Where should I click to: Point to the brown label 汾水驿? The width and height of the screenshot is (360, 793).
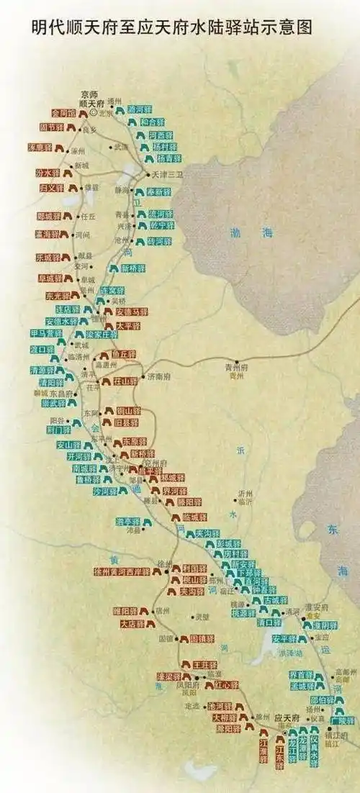click(x=48, y=173)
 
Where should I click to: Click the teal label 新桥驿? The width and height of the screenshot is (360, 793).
click(x=133, y=268)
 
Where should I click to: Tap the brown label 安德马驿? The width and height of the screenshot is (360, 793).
click(x=132, y=312)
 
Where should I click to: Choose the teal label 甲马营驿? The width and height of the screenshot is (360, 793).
click(x=47, y=334)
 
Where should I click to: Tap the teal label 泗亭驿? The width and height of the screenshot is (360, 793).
click(x=128, y=521)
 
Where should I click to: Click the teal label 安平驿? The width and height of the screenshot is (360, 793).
click(x=284, y=638)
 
